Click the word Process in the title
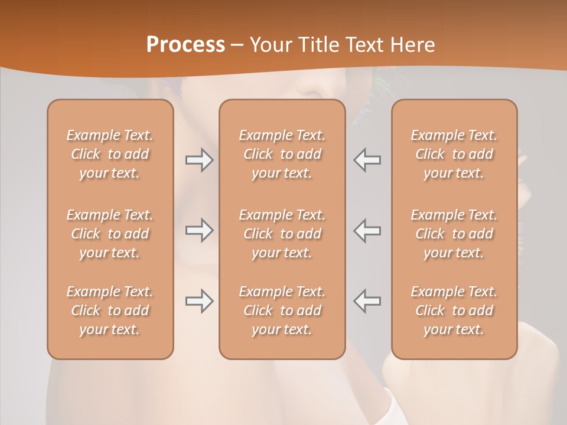click(x=185, y=44)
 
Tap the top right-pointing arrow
click(x=199, y=159)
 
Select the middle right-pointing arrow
click(x=199, y=230)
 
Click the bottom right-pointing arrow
click(x=199, y=301)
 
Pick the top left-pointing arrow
click(x=367, y=159)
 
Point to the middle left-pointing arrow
click(x=367, y=230)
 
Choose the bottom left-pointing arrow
click(x=367, y=301)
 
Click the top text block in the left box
click(x=110, y=154)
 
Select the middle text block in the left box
click(x=110, y=234)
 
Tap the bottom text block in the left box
click(x=110, y=310)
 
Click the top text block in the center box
click(x=282, y=154)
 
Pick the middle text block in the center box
click(x=282, y=234)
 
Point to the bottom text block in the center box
click(x=282, y=310)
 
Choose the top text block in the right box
click(x=454, y=154)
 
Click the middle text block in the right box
click(x=454, y=234)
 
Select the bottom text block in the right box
click(x=454, y=310)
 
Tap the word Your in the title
click(x=269, y=44)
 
